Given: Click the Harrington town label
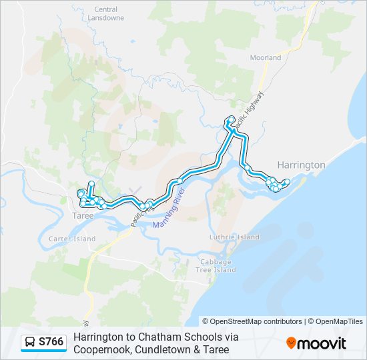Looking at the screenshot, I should (301, 165).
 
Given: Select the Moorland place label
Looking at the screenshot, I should (266, 58).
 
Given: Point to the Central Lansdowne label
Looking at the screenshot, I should (105, 13).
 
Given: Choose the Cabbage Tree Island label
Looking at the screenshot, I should (216, 265).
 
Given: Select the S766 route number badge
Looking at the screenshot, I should (51, 342).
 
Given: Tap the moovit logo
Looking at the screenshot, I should (317, 343).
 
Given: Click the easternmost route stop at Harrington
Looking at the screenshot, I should (287, 182).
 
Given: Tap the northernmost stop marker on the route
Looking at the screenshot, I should (232, 119).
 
